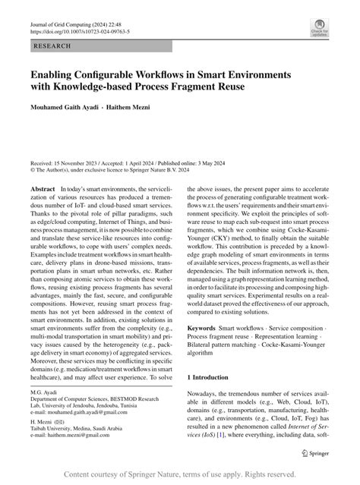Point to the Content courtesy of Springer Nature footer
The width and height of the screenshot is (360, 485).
pos(180,475)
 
